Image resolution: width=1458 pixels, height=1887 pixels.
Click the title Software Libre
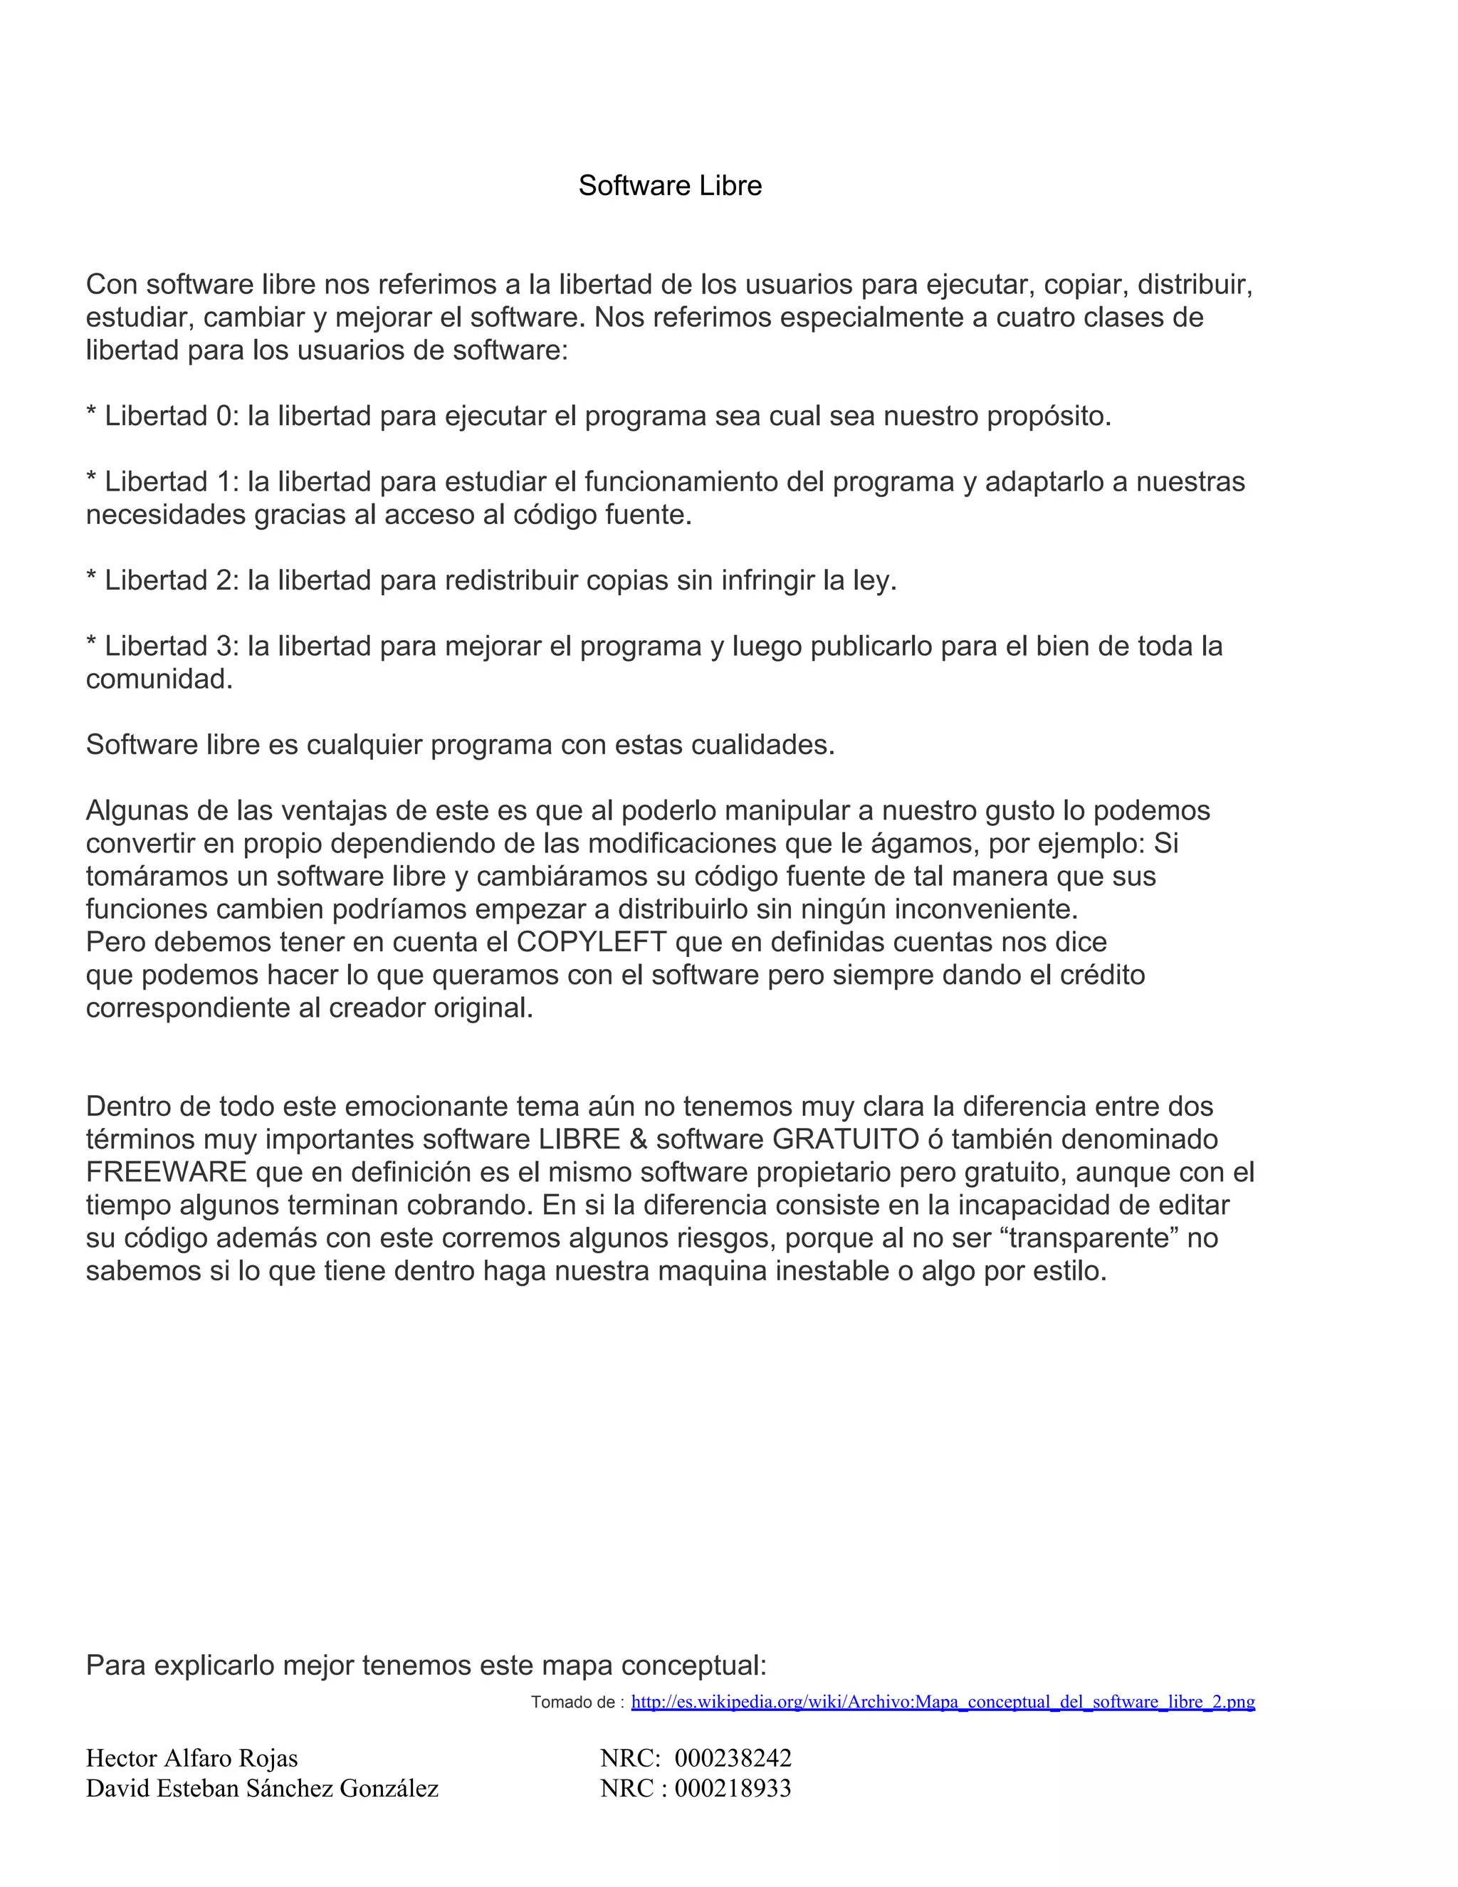tap(669, 186)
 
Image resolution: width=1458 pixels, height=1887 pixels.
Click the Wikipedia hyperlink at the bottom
tap(943, 1701)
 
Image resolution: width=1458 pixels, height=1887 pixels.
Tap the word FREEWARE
tap(167, 1173)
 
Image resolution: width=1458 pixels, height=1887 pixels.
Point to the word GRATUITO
tap(846, 1139)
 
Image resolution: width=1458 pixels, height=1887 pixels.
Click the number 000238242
tap(733, 1758)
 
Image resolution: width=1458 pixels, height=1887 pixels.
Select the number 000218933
tap(733, 1787)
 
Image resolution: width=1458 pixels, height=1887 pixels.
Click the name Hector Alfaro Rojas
tap(192, 1758)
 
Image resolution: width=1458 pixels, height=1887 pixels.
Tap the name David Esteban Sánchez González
tap(262, 1787)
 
